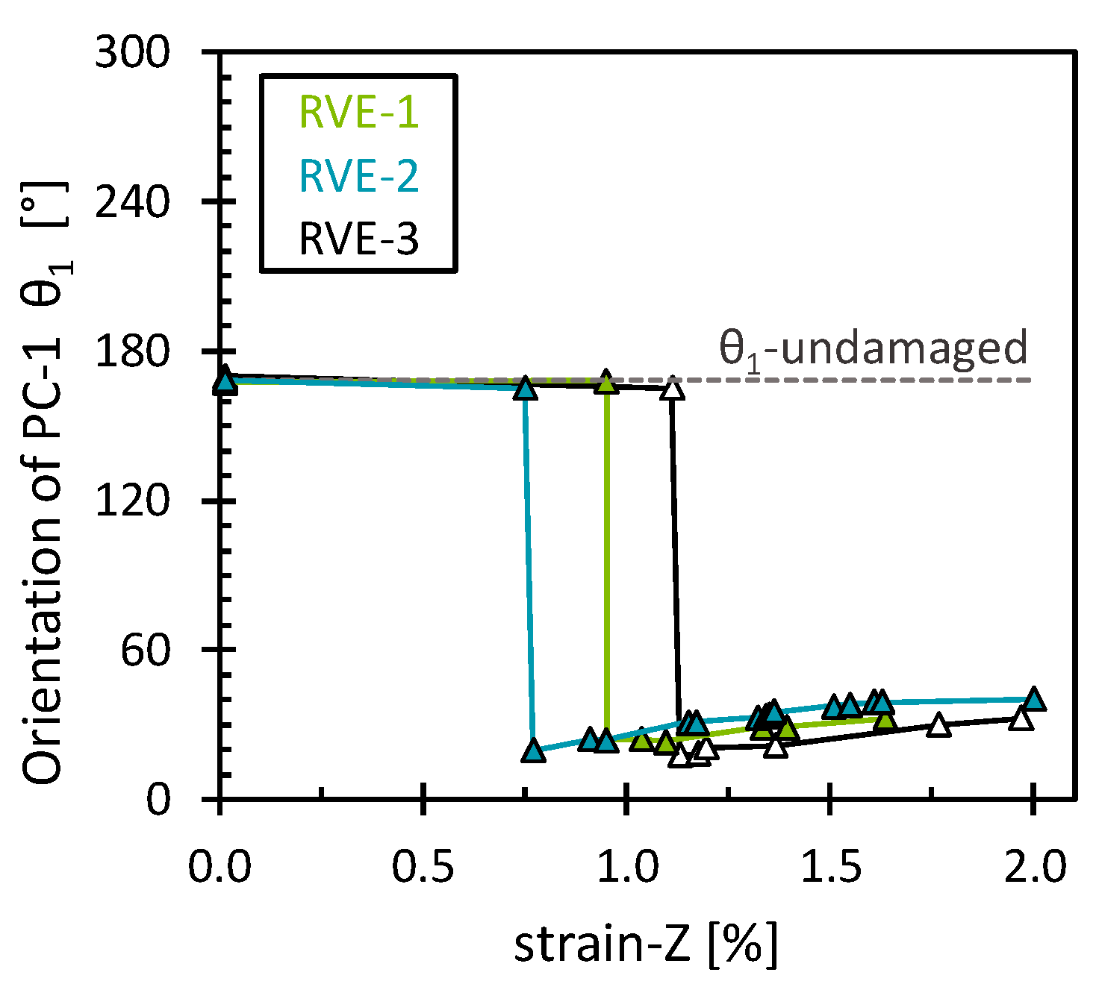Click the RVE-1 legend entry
[358, 113]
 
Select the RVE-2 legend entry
[358, 176]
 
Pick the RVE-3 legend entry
[358, 240]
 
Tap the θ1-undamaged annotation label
[873, 348]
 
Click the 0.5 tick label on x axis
[423, 868]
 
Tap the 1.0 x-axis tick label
[627, 868]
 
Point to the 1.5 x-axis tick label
[830, 868]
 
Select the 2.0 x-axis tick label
[1034, 868]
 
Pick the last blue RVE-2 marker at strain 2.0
[1033, 700]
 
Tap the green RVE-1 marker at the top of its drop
[605, 383]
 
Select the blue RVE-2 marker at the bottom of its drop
[532, 750]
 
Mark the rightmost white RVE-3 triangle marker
[1021, 719]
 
